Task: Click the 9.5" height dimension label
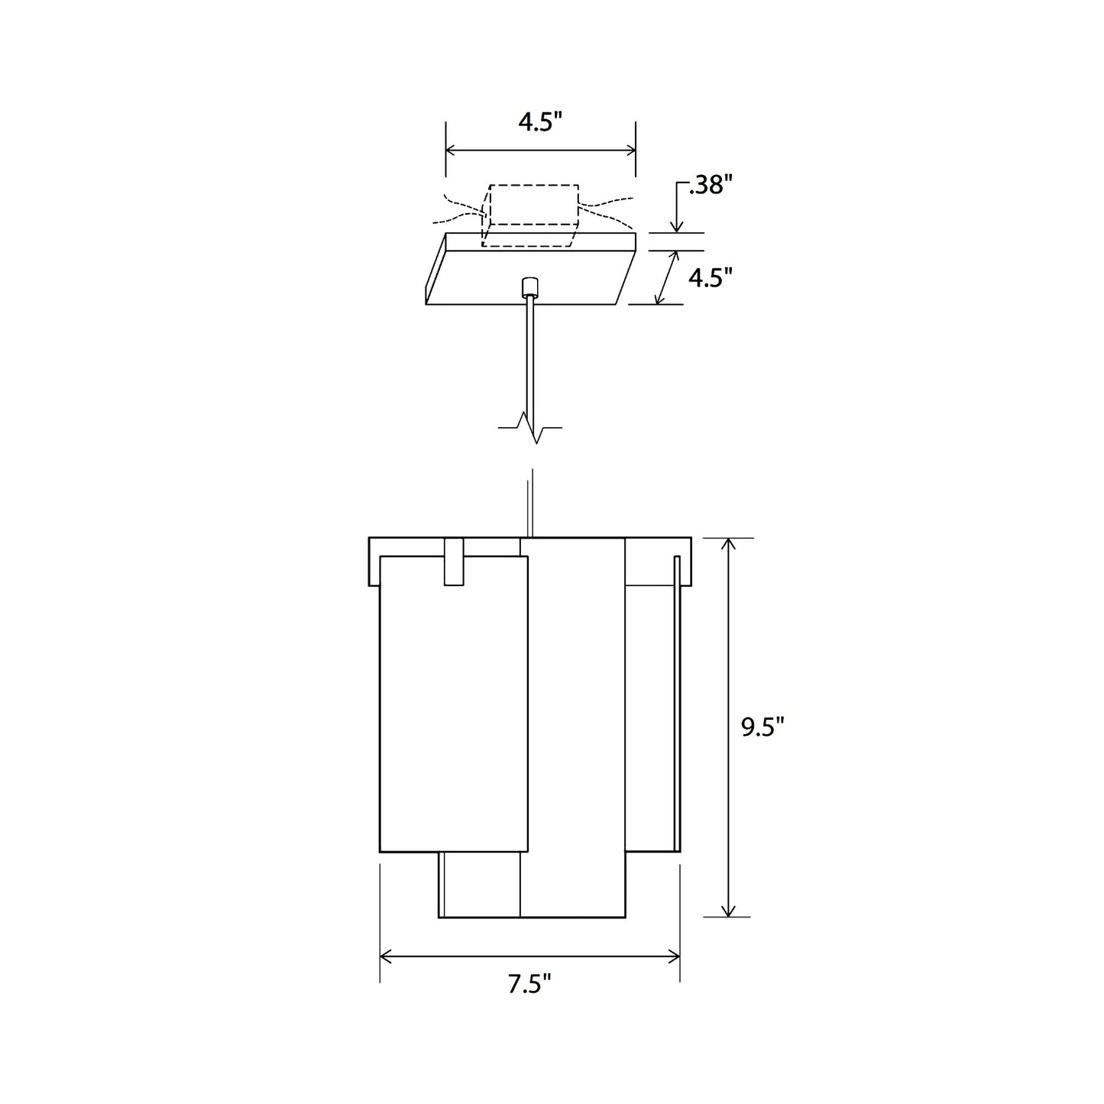click(762, 727)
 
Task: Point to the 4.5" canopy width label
click(540, 122)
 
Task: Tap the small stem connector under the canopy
click(529, 287)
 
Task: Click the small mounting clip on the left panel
click(454, 562)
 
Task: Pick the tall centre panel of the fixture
click(573, 726)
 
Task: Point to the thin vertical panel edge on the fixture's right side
click(676, 703)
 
